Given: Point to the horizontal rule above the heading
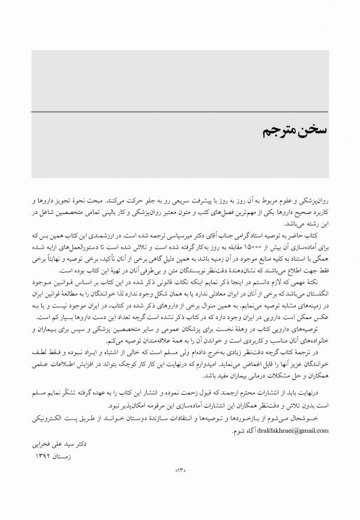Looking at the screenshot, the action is pos(179,111).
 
